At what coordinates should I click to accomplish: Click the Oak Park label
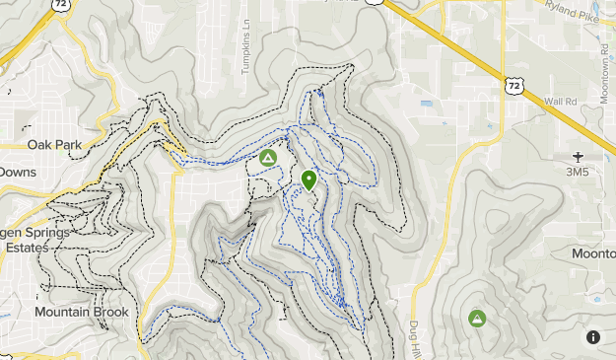coord(54,144)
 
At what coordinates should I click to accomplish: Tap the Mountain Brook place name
coord(81,312)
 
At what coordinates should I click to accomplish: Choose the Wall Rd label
coord(560,101)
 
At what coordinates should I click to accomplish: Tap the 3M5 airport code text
coord(578,171)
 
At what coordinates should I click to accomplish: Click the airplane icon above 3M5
coord(578,156)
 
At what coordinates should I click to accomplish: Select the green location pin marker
coord(308,180)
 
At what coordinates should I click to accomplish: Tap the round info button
coord(593,336)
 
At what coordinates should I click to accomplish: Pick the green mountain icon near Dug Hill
coord(477,318)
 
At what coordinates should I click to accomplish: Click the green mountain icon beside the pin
coord(267,157)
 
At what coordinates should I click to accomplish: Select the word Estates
coord(27,248)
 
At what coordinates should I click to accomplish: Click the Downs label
coord(17,171)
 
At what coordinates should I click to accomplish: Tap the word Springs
coord(49,233)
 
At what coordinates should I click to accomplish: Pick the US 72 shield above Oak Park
coord(63,4)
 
